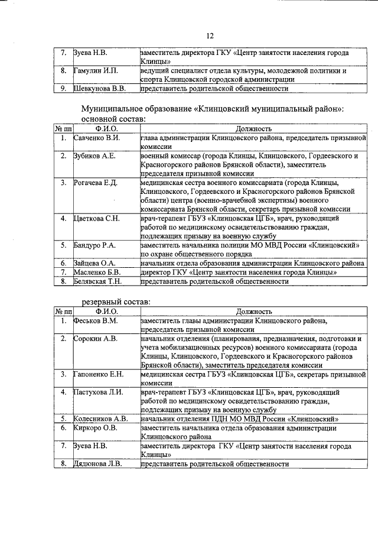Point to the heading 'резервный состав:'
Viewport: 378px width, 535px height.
point(115,301)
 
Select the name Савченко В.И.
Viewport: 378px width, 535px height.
point(97,138)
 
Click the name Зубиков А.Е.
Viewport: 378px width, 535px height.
point(94,156)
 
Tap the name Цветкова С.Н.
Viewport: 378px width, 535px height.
point(96,219)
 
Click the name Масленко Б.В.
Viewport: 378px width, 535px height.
point(96,272)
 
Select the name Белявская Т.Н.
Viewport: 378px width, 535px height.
point(97,281)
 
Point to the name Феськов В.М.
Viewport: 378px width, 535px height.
point(96,320)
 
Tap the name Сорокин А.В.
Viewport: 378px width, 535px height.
point(95,339)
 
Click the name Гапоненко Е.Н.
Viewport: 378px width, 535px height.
point(98,374)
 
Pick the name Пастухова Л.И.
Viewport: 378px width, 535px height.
point(97,392)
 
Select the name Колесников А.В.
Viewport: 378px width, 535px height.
point(100,419)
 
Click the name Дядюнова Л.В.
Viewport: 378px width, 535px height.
point(97,464)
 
